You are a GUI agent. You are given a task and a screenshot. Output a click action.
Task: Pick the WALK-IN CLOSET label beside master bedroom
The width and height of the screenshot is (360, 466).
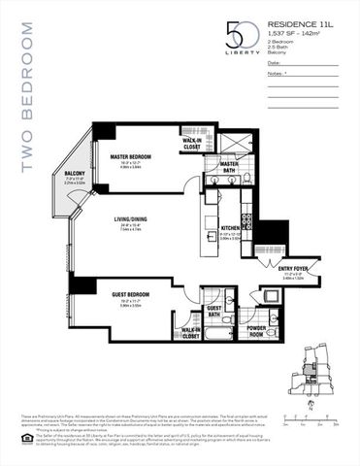pyautogui.click(x=191, y=142)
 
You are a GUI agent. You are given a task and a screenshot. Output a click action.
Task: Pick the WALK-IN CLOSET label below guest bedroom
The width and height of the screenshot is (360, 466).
pyautogui.click(x=191, y=333)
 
